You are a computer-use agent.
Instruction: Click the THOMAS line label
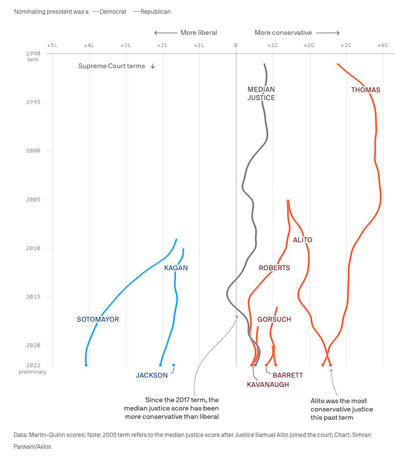tap(366, 90)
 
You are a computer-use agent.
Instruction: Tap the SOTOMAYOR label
tap(98, 319)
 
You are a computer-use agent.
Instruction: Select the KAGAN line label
tap(176, 268)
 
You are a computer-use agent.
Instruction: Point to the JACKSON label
tap(152, 375)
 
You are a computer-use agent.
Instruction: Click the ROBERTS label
tap(274, 268)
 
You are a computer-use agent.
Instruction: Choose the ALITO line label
tap(302, 240)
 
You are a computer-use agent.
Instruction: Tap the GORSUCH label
tap(274, 319)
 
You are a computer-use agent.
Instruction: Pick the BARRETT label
tap(288, 375)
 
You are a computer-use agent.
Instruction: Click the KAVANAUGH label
tap(268, 384)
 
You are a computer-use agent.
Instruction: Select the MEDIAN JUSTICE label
tap(261, 93)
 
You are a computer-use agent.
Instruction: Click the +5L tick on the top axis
tap(52, 45)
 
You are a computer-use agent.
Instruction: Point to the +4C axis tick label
tap(382, 45)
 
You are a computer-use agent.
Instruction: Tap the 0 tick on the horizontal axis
tap(236, 45)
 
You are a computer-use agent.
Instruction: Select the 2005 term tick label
tap(33, 200)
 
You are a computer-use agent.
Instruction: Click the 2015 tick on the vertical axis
tap(33, 297)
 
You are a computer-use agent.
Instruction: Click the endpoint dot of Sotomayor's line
tap(86, 365)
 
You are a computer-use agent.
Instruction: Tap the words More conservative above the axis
tap(283, 33)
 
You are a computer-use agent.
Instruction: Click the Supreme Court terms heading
tap(112, 66)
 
